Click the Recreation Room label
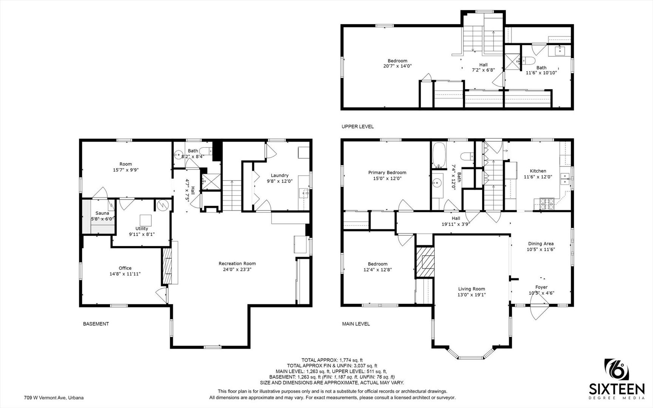coord(237,264)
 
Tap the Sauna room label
coord(102,213)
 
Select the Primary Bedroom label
coord(387,173)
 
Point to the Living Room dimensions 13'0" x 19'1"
coord(472,295)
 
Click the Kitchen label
coord(538,171)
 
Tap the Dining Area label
coord(541,244)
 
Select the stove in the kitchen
coord(546,204)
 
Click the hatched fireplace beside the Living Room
coord(425,262)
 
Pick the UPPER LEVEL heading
coord(358,127)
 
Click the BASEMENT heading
coord(96,324)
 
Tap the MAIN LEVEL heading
coord(356,324)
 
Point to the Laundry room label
coord(279,175)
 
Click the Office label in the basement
coord(125,268)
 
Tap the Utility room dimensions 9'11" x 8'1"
coord(142,234)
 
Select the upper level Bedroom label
coord(397,61)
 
